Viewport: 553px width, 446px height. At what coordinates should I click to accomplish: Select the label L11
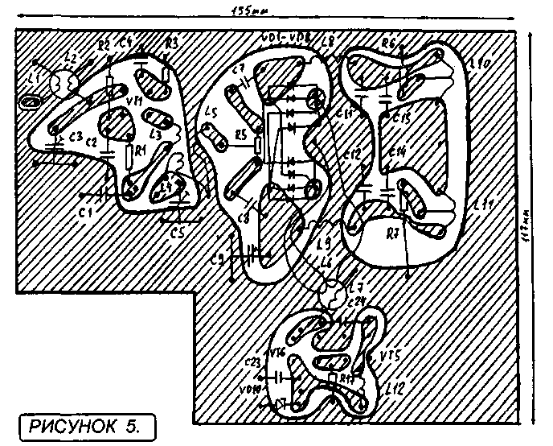(483, 206)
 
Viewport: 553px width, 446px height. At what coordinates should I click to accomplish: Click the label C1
(85, 211)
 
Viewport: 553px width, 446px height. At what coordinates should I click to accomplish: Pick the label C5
(178, 233)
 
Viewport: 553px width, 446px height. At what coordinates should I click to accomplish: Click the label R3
(172, 43)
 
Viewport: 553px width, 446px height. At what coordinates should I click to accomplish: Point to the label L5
(211, 113)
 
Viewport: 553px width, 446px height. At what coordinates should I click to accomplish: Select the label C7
(238, 69)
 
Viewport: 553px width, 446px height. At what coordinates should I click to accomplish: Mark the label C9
(216, 258)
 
